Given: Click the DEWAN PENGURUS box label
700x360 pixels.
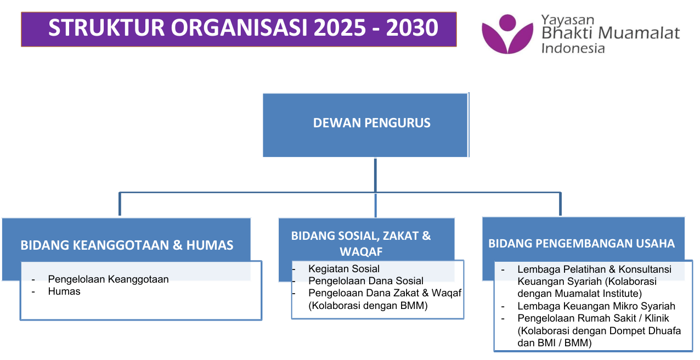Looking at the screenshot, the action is (x=371, y=123).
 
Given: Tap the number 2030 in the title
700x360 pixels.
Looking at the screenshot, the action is (x=412, y=28).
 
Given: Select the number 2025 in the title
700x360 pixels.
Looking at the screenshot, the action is (x=340, y=28).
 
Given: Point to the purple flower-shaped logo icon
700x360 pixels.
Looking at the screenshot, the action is (x=507, y=34).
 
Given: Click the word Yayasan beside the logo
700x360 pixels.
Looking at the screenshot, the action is (x=567, y=20).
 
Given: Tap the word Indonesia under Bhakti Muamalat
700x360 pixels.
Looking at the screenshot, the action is (x=573, y=48).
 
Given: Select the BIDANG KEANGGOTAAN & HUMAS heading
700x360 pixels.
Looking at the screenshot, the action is (x=127, y=245).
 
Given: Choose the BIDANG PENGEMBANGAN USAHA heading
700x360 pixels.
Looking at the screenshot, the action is (x=582, y=244).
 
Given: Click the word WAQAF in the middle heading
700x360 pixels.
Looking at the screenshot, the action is (x=361, y=251).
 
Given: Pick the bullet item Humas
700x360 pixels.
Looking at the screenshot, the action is (x=64, y=291).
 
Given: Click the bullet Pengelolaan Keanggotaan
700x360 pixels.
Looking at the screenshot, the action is (x=108, y=279).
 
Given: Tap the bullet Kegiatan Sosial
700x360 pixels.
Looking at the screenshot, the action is (x=344, y=268).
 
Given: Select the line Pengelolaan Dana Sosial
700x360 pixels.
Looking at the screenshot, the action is (x=366, y=280).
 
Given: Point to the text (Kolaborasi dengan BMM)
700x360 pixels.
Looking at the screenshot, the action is (x=368, y=305).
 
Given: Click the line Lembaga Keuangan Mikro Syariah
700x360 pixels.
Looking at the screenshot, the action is (x=596, y=306).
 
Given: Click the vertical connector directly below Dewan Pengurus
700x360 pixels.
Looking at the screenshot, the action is (x=375, y=175).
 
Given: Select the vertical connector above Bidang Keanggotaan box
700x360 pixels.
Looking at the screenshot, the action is (x=120, y=204).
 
